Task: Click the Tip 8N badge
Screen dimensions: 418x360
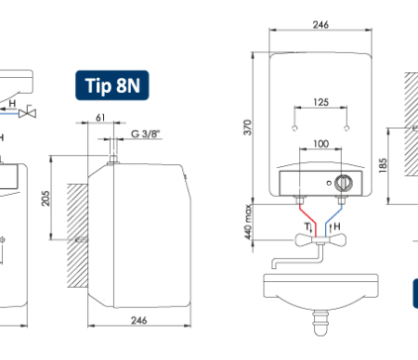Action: click(112, 85)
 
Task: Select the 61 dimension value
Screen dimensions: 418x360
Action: click(100, 118)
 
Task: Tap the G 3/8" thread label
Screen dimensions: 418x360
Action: click(146, 134)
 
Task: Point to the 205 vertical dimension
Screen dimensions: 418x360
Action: click(46, 199)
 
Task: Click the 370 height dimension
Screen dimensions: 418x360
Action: click(248, 127)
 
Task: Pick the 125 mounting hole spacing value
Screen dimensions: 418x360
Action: click(320, 102)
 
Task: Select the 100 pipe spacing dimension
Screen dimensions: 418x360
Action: click(320, 144)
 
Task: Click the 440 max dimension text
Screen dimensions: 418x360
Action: click(248, 222)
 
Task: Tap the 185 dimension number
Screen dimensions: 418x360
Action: click(383, 165)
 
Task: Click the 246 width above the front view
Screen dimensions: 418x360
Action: click(320, 25)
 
